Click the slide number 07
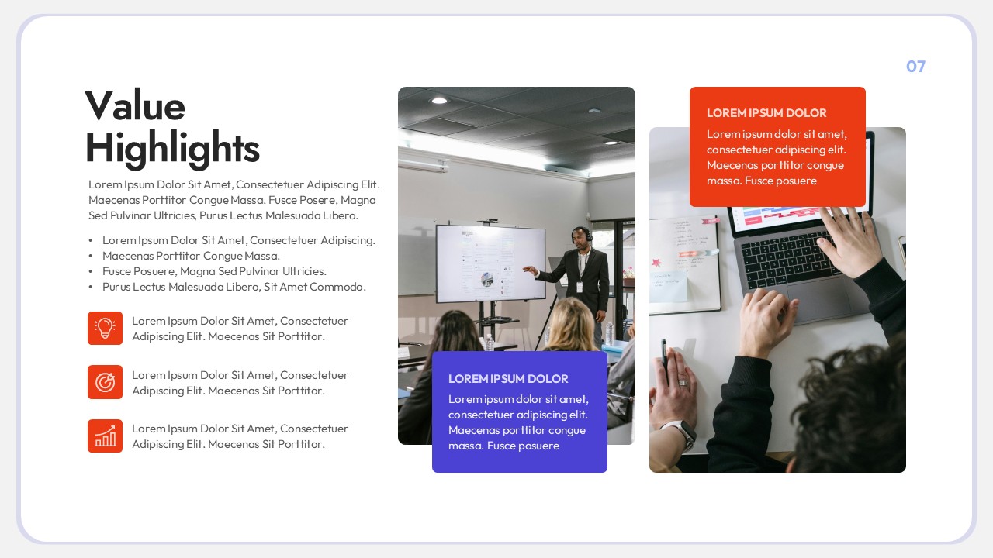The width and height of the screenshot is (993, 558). pos(915,67)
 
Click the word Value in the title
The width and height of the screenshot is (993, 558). pos(134,106)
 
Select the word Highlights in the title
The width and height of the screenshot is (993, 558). pos(171,147)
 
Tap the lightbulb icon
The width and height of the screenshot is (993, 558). pos(105,328)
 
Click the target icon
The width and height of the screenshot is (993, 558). pos(105,382)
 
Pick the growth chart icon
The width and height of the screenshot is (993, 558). pos(105,436)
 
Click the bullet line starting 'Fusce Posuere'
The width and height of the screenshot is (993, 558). pos(214,271)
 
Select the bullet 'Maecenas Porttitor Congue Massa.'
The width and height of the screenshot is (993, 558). pos(191,256)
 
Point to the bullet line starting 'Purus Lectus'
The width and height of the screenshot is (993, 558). pos(234,287)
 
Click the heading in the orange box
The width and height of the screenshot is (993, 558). pos(766,113)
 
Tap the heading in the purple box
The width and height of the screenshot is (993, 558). pos(508,379)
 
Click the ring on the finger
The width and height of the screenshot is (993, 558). pos(683,382)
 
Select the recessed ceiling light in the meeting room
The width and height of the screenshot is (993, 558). pos(439,100)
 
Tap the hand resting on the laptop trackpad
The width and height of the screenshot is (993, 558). pos(768,314)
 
